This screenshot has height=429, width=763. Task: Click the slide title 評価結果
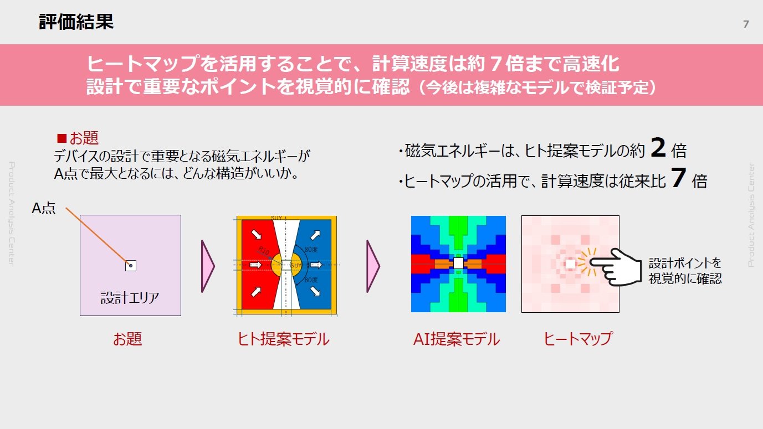point(76,22)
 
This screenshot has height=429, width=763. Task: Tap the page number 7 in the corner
point(745,24)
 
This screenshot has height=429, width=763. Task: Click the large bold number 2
point(658,148)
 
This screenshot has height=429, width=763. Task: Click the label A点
point(44,209)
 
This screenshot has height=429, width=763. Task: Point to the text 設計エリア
point(130,298)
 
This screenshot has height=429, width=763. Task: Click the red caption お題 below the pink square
point(127,339)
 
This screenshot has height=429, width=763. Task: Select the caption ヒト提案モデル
point(283,339)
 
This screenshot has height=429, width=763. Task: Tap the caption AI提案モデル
point(457,339)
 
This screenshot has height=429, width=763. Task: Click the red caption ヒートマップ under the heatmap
point(578,339)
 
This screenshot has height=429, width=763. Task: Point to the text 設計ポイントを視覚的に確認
point(685,271)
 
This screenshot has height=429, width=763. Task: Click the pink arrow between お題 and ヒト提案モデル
point(207,266)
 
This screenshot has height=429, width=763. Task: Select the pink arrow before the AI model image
point(373,266)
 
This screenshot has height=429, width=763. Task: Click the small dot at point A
point(131,266)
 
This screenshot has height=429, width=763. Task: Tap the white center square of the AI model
point(458,263)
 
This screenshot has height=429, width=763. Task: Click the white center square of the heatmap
point(570,265)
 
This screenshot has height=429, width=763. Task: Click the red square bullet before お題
point(62,138)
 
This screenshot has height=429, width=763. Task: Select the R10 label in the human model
point(264,250)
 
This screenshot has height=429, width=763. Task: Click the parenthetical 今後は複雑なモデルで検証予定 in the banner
point(537,88)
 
